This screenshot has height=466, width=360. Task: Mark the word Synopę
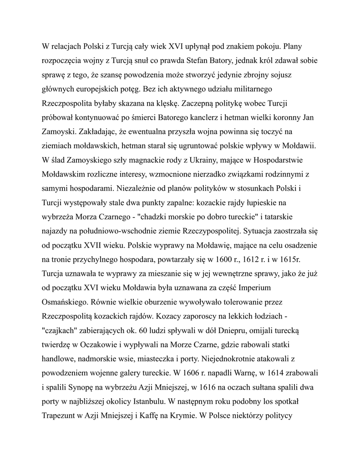85,387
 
